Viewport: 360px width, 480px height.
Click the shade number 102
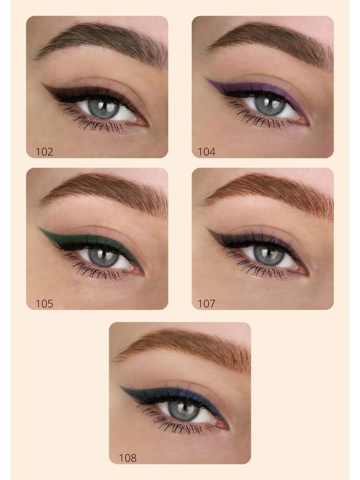click(x=44, y=152)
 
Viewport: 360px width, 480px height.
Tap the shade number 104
click(x=207, y=152)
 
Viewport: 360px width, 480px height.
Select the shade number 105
click(x=44, y=304)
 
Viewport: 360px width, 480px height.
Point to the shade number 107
click(x=207, y=304)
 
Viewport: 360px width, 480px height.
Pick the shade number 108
click(x=127, y=458)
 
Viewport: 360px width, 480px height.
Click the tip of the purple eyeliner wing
click(x=206, y=79)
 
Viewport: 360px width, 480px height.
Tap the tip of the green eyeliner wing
click(x=39, y=227)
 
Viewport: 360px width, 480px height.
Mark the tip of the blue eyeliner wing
click(x=121, y=387)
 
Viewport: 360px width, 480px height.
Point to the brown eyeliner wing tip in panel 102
click(x=42, y=83)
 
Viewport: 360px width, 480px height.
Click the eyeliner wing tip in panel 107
click(x=208, y=229)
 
